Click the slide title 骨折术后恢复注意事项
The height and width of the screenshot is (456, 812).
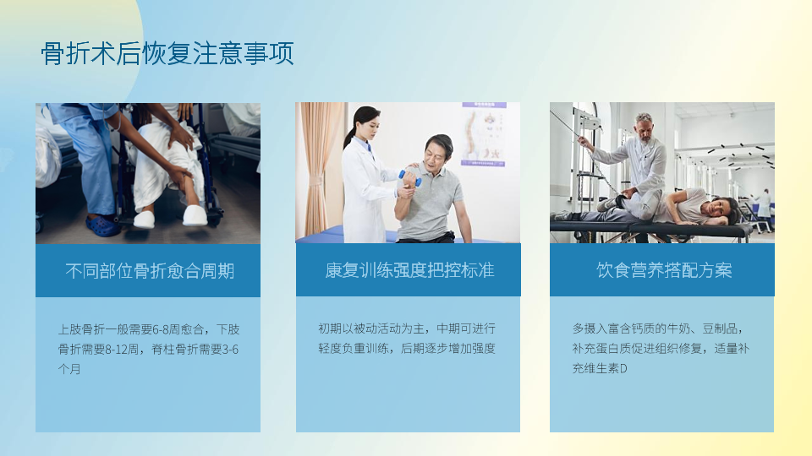tap(167, 53)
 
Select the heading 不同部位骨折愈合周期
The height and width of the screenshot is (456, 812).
tap(150, 271)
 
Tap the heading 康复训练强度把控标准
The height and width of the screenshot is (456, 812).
tap(409, 270)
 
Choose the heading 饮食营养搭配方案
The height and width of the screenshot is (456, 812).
tap(664, 270)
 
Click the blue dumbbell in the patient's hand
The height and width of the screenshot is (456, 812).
tap(410, 178)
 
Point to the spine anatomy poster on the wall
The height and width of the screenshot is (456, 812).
tap(483, 134)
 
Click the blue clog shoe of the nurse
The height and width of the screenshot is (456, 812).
tap(103, 226)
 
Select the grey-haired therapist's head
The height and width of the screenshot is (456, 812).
tap(644, 127)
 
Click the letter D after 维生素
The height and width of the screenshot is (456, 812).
tap(623, 369)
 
